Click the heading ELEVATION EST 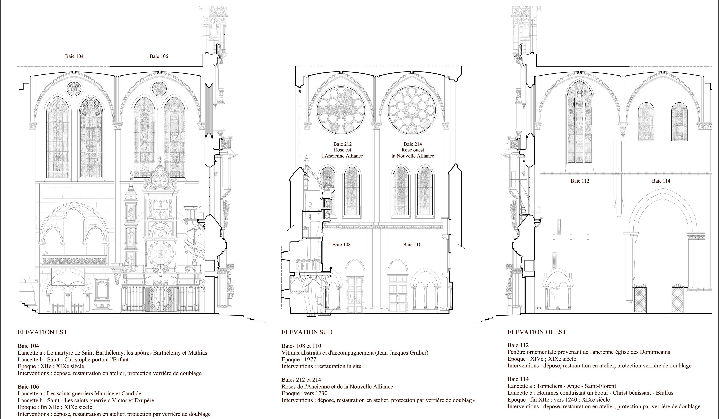(42, 332)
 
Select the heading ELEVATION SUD (307, 332)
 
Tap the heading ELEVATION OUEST (537, 332)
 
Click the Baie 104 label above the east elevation (74, 56)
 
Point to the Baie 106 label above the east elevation (159, 56)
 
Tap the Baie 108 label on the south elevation (341, 244)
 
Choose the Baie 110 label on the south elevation (412, 244)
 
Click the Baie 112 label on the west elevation (580, 181)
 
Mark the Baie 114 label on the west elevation (661, 181)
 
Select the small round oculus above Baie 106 (159, 89)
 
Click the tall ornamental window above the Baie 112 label (579, 123)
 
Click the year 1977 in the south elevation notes (310, 359)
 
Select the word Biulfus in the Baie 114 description (664, 393)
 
